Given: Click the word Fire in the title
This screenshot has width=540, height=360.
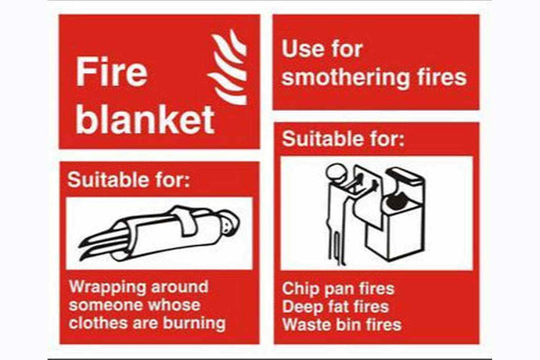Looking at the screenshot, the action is point(112,72).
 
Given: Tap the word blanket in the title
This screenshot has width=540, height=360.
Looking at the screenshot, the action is point(146,119).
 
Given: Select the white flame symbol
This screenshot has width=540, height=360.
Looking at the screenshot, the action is point(228,67).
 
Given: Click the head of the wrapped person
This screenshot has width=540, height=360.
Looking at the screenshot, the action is point(228,222).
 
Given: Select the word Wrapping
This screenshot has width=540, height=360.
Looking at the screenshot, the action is point(107,288).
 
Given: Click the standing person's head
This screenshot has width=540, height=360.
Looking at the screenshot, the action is point(336,172).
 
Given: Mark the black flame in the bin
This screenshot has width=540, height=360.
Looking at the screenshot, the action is point(395,201).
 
